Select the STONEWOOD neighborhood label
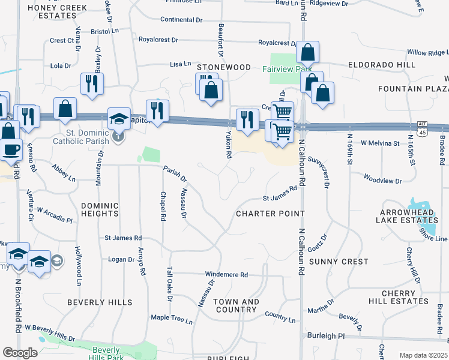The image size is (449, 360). pos(223,67)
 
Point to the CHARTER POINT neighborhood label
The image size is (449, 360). pos(270,214)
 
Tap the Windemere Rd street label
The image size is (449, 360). pos(227,274)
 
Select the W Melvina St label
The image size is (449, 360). pos(380,143)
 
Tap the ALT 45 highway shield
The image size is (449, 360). pos(422,128)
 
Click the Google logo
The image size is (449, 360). pos(20,353)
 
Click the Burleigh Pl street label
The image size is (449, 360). pos(325,336)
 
